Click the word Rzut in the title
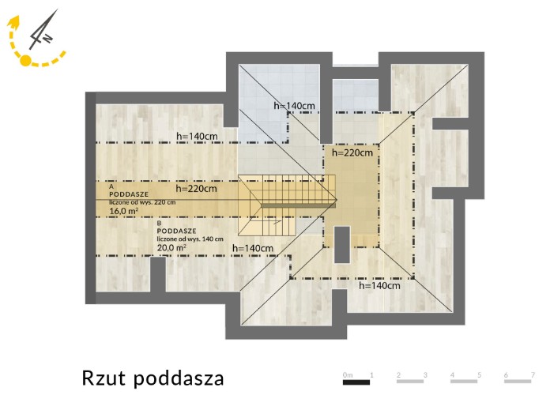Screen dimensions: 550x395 click(x=104, y=378)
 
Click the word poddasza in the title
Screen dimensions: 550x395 click(x=179, y=378)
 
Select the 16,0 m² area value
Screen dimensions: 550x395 click(x=123, y=211)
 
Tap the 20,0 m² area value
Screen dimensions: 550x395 click(x=171, y=247)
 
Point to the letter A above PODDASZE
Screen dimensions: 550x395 click(x=111, y=186)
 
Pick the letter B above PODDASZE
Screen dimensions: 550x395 click(x=160, y=223)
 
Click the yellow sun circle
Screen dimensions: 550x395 click(x=25, y=60)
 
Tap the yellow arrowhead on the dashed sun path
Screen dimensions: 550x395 click(x=14, y=22)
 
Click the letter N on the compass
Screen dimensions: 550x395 click(x=47, y=38)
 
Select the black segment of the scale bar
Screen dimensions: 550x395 click(x=356, y=382)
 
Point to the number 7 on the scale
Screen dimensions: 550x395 click(x=533, y=375)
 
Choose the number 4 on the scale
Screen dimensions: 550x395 click(x=453, y=375)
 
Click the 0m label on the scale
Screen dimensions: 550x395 click(x=348, y=375)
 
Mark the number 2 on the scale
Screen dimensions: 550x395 click(x=399, y=375)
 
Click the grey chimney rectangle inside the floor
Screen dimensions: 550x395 click(x=342, y=245)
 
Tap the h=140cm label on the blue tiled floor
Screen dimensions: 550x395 click(x=294, y=105)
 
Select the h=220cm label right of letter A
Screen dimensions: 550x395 click(x=197, y=188)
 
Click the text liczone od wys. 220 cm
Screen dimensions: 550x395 click(x=142, y=202)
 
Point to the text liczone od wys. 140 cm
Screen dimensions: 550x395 click(x=190, y=239)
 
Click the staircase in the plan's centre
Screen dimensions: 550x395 click(x=287, y=205)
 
